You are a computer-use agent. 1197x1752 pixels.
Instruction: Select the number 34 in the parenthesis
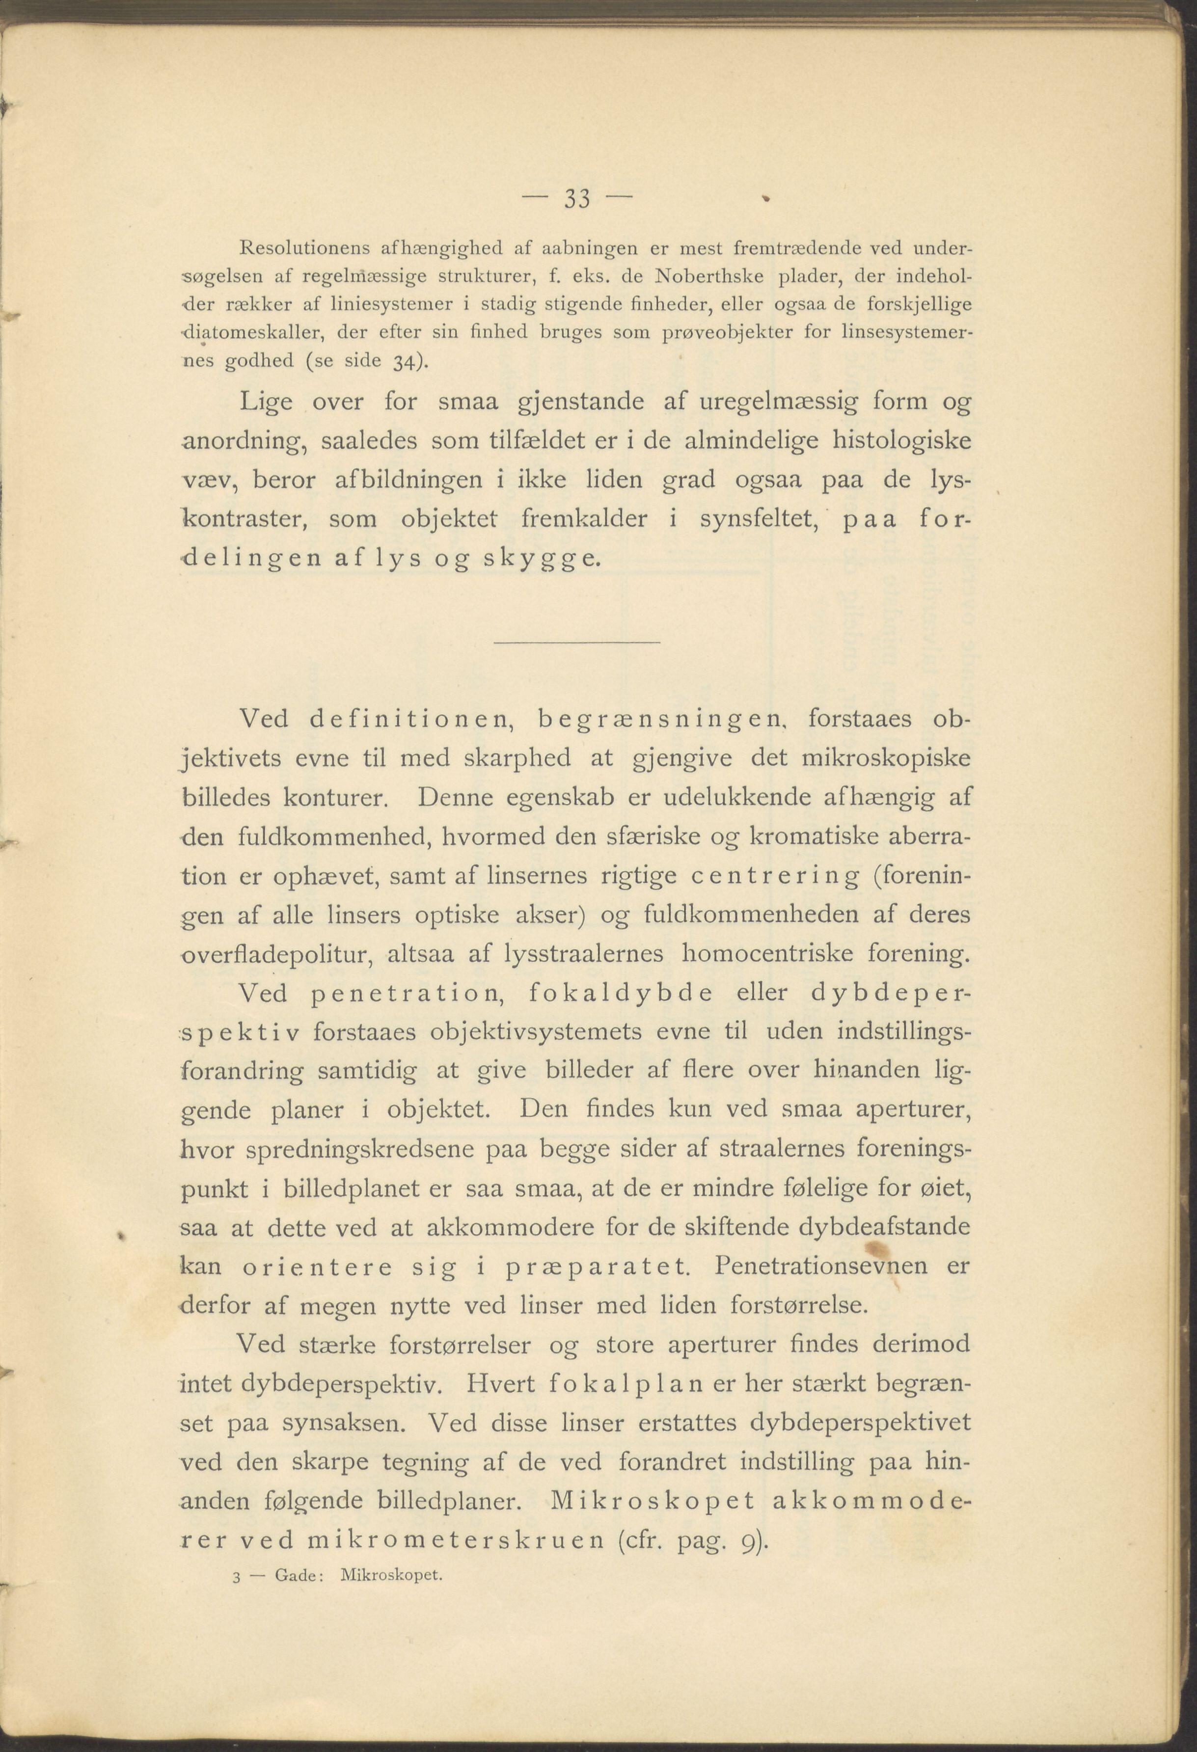point(404,361)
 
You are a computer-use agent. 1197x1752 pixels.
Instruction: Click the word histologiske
point(901,440)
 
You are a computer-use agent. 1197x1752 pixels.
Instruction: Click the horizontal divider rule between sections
point(576,642)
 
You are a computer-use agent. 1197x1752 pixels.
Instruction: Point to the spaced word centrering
point(774,877)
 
